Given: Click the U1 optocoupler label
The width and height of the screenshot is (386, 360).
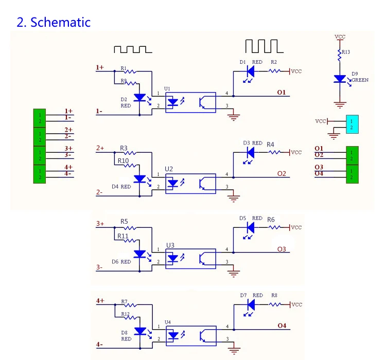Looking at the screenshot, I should click(167, 88).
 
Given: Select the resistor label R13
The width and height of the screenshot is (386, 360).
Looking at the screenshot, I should click(345, 52).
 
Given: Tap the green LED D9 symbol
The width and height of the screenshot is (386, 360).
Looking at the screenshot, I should click(340, 79).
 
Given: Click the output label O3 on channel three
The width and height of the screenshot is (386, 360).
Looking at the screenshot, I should click(281, 249).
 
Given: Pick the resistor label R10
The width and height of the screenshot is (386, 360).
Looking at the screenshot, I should click(123, 161).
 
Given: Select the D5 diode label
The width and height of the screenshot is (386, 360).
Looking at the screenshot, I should click(243, 218).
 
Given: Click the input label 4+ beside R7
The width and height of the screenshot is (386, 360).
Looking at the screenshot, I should click(99, 300).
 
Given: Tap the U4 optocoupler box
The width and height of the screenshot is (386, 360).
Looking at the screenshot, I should click(190, 336).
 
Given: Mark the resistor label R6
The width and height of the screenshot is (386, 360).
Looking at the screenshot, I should click(271, 220).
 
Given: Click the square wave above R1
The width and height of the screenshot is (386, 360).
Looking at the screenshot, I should click(133, 49).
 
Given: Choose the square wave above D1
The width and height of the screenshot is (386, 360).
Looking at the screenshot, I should click(264, 46).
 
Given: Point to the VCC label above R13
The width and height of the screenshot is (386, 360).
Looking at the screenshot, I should click(340, 37).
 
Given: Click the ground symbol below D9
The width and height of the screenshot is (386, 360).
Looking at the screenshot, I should click(340, 105).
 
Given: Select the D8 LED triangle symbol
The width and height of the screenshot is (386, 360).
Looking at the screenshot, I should click(139, 331).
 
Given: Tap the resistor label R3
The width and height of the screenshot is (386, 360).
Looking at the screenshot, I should click(124, 148).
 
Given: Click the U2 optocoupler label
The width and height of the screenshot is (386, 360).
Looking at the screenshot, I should click(169, 169).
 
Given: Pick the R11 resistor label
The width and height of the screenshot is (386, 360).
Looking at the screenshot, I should click(123, 236).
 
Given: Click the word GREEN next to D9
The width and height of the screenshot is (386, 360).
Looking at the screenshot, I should click(361, 80).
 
